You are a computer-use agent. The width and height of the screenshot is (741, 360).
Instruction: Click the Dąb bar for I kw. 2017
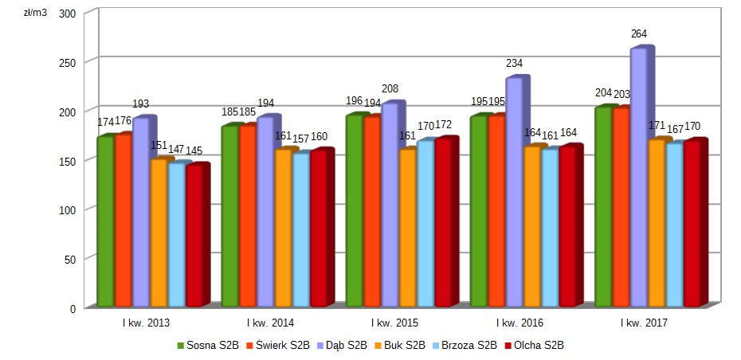pyautogui.click(x=638, y=179)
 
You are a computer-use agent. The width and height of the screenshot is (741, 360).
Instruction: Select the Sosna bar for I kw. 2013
pyautogui.click(x=105, y=222)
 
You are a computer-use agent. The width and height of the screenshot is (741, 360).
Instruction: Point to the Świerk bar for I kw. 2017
pyautogui.click(x=621, y=207)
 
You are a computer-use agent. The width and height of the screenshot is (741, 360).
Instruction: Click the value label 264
pyautogui.click(x=639, y=34)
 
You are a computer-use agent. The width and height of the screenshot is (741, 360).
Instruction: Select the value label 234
pyautogui.click(x=514, y=63)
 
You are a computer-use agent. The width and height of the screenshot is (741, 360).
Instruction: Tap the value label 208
pyautogui.click(x=390, y=88)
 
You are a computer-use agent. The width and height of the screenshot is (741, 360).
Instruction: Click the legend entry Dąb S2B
pyautogui.click(x=342, y=346)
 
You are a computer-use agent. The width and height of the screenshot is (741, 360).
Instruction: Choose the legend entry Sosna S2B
pyautogui.click(x=208, y=346)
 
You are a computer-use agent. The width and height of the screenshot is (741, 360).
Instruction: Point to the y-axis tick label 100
pyautogui.click(x=66, y=209)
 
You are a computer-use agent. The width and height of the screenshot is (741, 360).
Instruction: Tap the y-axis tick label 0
pyautogui.click(x=72, y=308)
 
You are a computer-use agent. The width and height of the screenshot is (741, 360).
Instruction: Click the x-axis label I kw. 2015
pyautogui.click(x=396, y=323)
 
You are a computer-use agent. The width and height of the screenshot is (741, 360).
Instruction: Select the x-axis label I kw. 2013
pyautogui.click(x=146, y=323)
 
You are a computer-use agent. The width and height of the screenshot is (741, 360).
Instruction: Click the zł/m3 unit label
pyautogui.click(x=35, y=14)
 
